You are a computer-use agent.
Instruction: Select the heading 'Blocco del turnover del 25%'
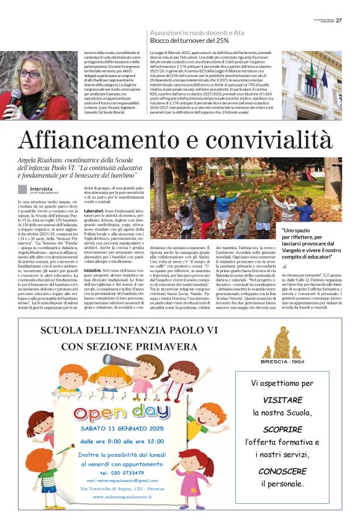189,40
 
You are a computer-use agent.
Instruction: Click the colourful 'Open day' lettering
122,412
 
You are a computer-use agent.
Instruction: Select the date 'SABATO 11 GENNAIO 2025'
122,429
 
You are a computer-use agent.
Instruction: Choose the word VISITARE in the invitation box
282,400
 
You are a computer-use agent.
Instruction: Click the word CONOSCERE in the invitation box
282,471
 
